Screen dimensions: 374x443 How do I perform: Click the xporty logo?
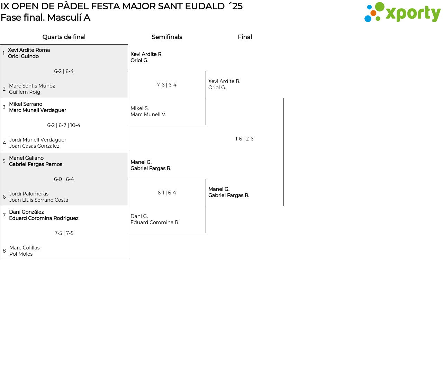tap(402, 12)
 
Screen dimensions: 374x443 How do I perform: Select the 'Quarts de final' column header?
tap(64, 37)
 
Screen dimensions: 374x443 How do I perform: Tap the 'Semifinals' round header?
tap(167, 37)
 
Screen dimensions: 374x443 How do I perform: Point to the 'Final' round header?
tap(245, 37)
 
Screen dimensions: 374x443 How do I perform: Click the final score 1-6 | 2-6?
tap(244, 139)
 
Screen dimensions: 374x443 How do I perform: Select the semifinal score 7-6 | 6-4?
tap(166, 85)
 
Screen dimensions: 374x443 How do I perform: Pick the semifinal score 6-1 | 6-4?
tap(166, 193)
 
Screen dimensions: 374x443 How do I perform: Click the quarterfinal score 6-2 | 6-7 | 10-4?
tap(64, 125)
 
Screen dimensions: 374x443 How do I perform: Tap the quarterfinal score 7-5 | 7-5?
tap(64, 233)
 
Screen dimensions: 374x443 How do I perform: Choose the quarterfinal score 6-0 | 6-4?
tap(64, 179)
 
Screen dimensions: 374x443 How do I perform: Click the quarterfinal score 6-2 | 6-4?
tap(64, 71)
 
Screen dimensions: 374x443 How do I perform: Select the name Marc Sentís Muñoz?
tap(32, 86)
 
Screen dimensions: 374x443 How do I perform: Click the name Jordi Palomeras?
tap(29, 194)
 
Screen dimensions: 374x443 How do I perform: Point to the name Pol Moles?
tap(21, 254)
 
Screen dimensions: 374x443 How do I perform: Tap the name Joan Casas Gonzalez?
tap(34, 146)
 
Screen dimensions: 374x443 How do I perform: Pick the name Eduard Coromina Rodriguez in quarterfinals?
tap(44, 218)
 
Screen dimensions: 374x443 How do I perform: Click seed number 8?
tap(4, 251)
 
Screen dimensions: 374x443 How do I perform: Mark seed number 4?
tap(4, 143)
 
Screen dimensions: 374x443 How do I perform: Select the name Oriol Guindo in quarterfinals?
tap(23, 56)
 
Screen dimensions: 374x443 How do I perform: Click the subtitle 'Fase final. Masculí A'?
tap(45, 18)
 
